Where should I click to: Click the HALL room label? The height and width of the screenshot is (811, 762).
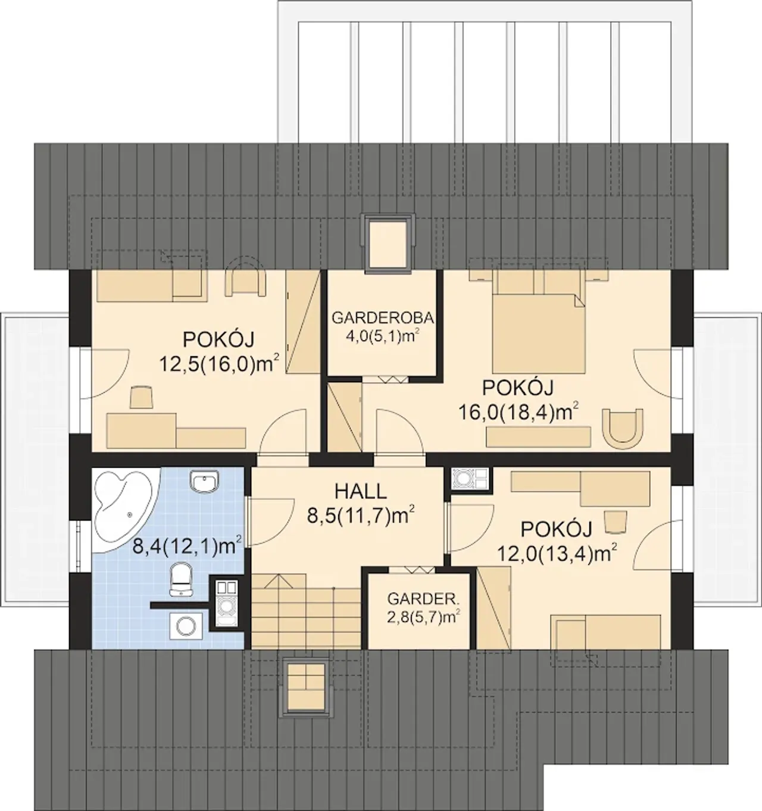361,491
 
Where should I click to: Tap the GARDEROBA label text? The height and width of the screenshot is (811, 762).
382,317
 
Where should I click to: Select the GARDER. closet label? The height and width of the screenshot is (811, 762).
423,599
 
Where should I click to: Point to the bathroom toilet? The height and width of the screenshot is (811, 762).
180,579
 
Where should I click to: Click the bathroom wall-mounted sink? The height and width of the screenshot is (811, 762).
204,482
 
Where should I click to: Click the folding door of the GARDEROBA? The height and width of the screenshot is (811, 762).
386,379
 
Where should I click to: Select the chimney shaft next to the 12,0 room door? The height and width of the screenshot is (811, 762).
470,478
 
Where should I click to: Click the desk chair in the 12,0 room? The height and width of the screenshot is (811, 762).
616,522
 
